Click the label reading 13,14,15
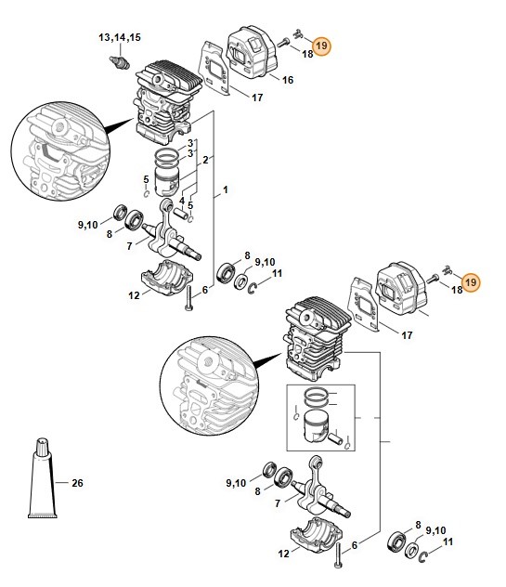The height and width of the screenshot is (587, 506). tap(120, 37)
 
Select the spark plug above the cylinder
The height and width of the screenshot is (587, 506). tap(120, 62)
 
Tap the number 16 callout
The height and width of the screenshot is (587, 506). tap(288, 80)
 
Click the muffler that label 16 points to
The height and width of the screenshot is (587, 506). tap(253, 52)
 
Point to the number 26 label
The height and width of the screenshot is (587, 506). tap(77, 483)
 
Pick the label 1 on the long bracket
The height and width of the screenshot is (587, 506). tap(226, 189)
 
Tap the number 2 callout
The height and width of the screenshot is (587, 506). tap(205, 161)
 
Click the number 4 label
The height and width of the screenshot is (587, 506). tap(182, 201)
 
